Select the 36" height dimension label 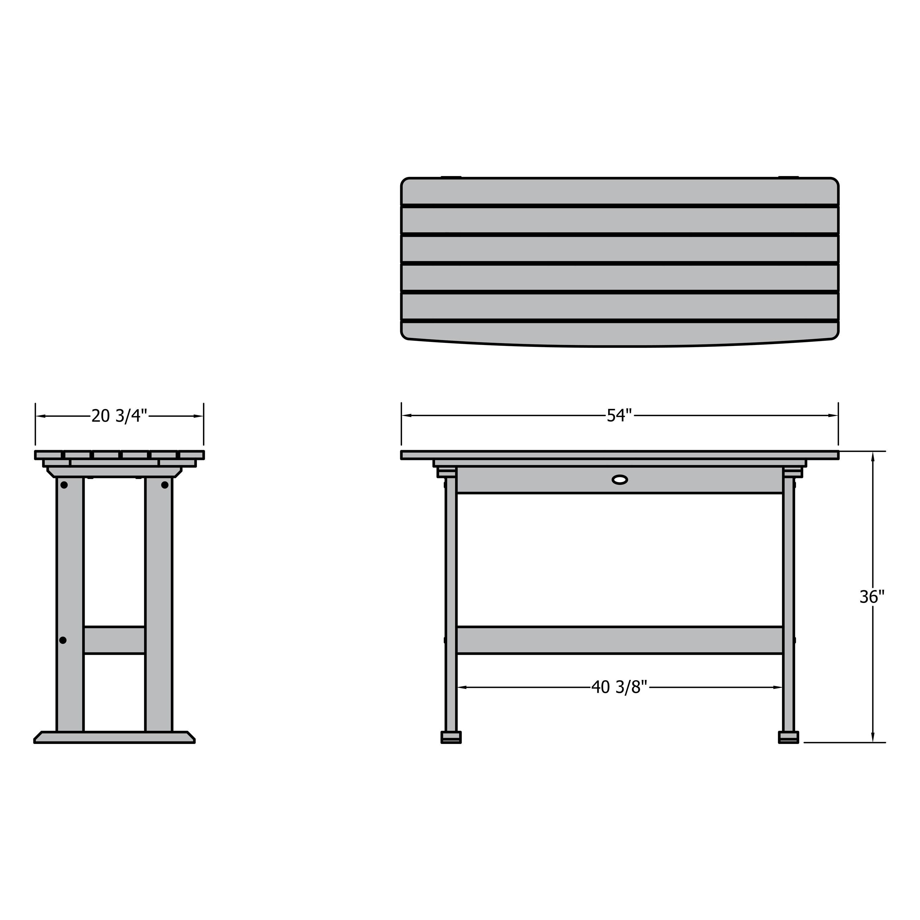pos(872,597)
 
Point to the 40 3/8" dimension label pos(619,687)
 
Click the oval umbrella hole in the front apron pos(619,480)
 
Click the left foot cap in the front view pos(451,737)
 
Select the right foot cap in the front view pos(788,737)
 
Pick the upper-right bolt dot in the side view pos(165,485)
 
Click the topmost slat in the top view pos(619,192)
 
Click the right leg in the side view pos(159,595)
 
